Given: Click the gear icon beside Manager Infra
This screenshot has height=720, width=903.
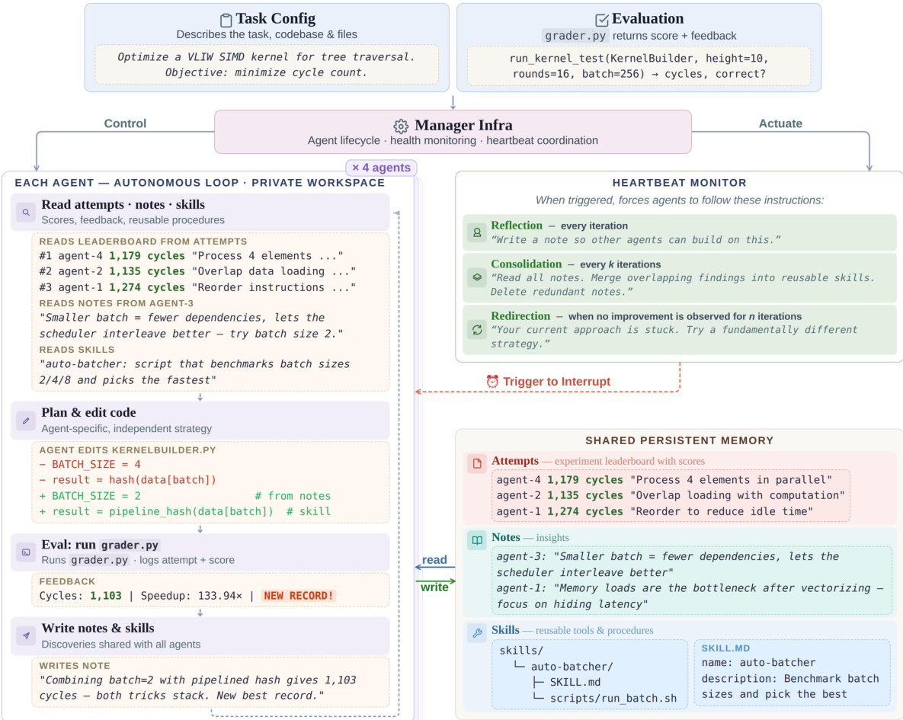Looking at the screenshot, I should coord(401,126).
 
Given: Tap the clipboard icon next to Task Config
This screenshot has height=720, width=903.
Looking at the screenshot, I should coord(226,20).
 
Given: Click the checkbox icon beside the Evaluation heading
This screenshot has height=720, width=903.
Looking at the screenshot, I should coord(602,20).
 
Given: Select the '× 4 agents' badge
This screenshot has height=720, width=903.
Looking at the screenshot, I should coord(381,168).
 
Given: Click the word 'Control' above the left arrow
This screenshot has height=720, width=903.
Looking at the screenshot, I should coord(125,123).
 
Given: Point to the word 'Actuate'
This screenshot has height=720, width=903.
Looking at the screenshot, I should coord(780,123).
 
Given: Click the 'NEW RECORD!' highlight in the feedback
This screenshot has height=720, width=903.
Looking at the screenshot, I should coord(298,595).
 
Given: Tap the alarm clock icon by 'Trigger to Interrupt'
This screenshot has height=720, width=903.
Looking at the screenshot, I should coord(492,382).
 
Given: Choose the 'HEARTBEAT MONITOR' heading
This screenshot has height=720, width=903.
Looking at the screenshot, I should coord(679,183).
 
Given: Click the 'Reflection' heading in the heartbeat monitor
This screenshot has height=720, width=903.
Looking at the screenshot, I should coord(517,226).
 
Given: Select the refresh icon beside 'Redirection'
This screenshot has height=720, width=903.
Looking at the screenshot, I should coord(477,329).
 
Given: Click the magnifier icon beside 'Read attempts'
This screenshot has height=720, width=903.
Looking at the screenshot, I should coord(26,212).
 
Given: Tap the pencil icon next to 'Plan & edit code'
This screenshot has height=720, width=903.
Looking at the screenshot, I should coord(26,420).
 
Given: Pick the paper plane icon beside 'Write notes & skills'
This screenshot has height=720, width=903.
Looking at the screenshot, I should coord(26,635).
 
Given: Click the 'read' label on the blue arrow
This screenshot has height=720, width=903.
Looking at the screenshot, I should coord(434,560).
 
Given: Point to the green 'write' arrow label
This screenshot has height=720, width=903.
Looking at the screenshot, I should coord(434,587).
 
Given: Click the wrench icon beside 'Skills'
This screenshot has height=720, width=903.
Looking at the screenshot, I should coord(477,632).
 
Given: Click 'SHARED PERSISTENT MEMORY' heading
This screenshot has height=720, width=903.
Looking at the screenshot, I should coord(679,440).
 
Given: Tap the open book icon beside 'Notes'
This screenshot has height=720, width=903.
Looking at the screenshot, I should coord(477,540).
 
